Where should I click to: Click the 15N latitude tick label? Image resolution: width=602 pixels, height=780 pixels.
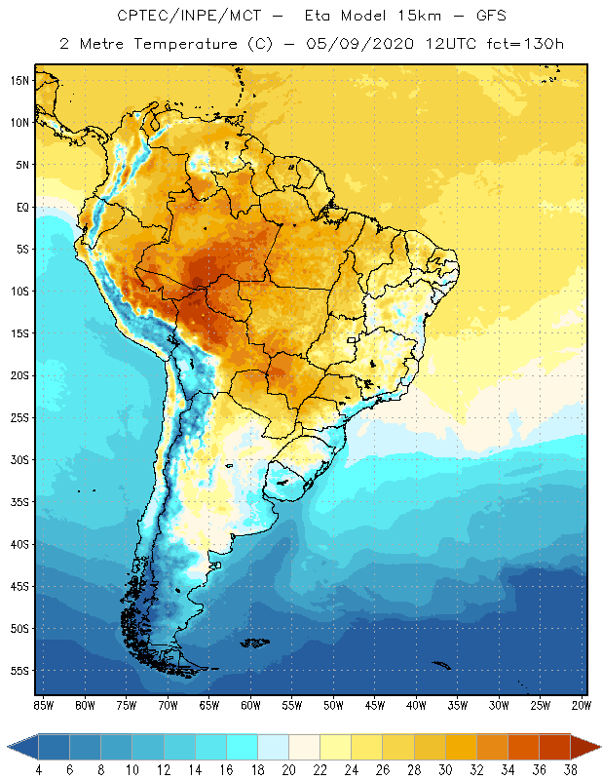coord(20,80)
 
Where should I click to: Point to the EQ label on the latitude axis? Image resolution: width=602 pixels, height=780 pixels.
coord(21,207)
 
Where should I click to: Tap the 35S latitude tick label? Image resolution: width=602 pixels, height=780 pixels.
coord(20,501)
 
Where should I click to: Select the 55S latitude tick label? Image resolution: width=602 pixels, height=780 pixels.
coord(20,670)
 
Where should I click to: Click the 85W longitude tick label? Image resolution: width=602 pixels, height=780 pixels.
coord(43,705)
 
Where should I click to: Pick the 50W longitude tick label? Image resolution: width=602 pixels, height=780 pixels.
coord(333,705)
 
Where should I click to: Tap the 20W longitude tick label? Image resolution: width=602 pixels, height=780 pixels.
coord(582,705)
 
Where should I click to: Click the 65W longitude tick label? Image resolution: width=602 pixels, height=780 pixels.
coord(208,705)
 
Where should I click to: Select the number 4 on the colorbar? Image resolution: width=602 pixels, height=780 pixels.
coord(38,770)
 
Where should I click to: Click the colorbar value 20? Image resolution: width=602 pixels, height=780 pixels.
coord(287,770)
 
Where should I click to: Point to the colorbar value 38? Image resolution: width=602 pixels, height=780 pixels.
coord(570,770)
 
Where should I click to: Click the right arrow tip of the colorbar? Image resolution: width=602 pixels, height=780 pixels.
coord(598,747)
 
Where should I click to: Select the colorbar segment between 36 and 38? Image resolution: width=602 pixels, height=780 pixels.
coord(554,747)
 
